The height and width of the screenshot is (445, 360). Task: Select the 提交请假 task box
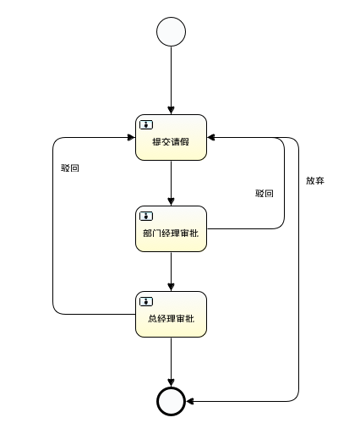pyautogui.click(x=171, y=137)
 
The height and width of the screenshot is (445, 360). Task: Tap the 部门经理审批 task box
pyautogui.click(x=171, y=228)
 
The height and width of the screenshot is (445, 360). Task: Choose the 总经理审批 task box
pyautogui.click(x=171, y=314)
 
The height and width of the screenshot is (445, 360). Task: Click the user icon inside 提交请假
pyautogui.click(x=146, y=124)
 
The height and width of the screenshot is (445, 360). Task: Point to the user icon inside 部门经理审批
pyautogui.click(x=146, y=216)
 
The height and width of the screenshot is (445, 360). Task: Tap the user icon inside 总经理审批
pyautogui.click(x=146, y=301)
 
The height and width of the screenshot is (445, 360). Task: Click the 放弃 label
pyautogui.click(x=315, y=180)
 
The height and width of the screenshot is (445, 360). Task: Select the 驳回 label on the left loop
pyautogui.click(x=70, y=168)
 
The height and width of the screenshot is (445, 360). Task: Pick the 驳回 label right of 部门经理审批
pyautogui.click(x=265, y=194)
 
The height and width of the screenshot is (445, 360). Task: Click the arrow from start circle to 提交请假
pyautogui.click(x=171, y=80)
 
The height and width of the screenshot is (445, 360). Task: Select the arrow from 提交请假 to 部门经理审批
pyautogui.click(x=171, y=183)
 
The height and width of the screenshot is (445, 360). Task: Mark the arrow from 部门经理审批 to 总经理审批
pyautogui.click(x=171, y=272)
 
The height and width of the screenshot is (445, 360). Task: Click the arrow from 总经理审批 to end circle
pyautogui.click(x=171, y=362)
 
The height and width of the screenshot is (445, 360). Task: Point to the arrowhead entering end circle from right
pyautogui.click(x=189, y=401)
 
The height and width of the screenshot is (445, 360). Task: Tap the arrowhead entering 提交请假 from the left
pyautogui.click(x=131, y=137)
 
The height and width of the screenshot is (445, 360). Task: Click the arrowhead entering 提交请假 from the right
pyautogui.click(x=211, y=137)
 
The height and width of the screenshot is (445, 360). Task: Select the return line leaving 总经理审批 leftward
pyautogui.click(x=52, y=226)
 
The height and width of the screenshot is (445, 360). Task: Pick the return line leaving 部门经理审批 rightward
pyautogui.click(x=284, y=183)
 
